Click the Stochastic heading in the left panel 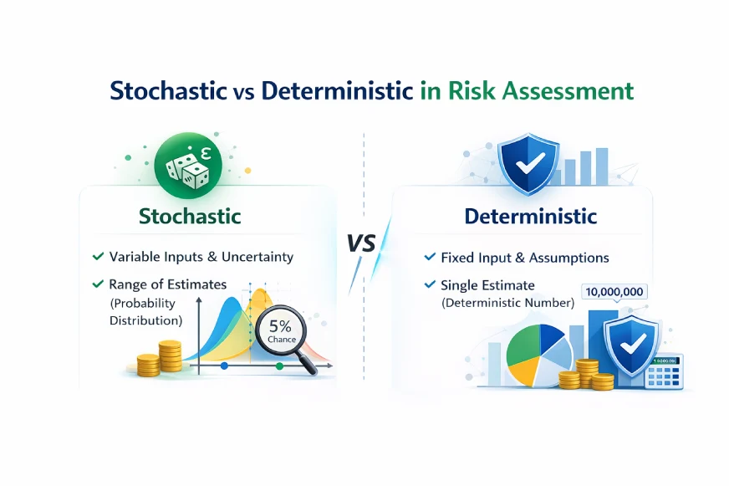[190, 216]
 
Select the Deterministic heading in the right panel [531, 217]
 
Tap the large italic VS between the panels [362, 243]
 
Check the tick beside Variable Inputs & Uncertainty [99, 257]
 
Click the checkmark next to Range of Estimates [99, 285]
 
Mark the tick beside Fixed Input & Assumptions [430, 258]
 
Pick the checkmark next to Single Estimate [430, 285]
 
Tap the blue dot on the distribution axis [224, 366]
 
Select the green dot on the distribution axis [279, 366]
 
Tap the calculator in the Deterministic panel [665, 371]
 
